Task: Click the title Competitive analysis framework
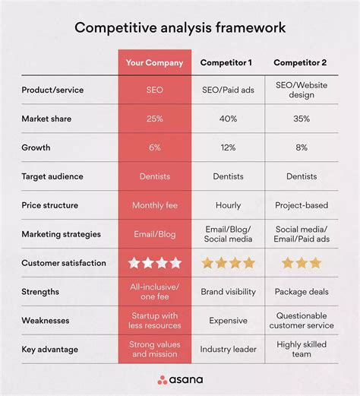180,28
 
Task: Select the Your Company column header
155,62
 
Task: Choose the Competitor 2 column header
302,62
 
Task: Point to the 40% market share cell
228,119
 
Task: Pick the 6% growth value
155,147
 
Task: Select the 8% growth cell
302,147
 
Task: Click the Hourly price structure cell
228,205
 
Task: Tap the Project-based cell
302,205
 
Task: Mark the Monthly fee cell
155,205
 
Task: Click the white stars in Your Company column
155,263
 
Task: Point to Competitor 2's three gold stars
302,263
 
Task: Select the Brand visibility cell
228,291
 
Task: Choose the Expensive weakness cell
228,320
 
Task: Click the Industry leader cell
228,349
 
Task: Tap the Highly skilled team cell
302,349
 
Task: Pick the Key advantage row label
50,349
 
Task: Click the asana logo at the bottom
179,379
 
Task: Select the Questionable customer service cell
302,320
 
